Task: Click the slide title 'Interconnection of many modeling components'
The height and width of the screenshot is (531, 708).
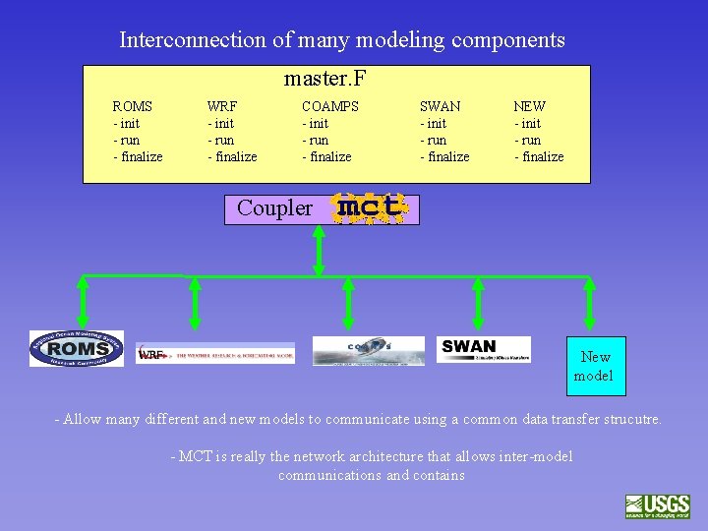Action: point(342,40)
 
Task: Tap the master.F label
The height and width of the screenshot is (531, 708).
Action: point(324,78)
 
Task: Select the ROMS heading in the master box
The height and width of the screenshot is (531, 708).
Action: point(132,106)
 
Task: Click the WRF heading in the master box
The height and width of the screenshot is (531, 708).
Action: point(221,106)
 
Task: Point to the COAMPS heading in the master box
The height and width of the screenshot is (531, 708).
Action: point(329,106)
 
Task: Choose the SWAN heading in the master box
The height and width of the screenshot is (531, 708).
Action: point(440,106)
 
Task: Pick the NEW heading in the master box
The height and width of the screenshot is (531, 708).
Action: point(529,106)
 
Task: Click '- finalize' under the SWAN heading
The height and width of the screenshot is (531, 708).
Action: point(444,157)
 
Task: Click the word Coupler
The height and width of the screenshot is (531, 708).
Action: point(274,208)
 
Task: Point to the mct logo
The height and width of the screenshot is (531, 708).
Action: point(369,208)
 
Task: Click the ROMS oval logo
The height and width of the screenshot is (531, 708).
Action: point(77,349)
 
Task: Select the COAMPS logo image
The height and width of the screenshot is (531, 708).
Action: point(368,350)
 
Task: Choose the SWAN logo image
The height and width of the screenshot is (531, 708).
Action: point(483,348)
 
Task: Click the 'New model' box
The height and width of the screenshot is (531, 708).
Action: point(595,366)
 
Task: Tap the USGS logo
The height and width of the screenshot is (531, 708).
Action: point(657,505)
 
